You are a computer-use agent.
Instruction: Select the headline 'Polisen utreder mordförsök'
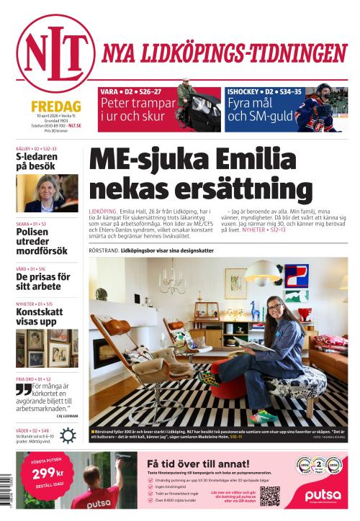pos(42,242)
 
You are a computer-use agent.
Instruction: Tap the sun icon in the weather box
pos(66,434)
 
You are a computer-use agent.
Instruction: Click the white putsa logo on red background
pos(322,495)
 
